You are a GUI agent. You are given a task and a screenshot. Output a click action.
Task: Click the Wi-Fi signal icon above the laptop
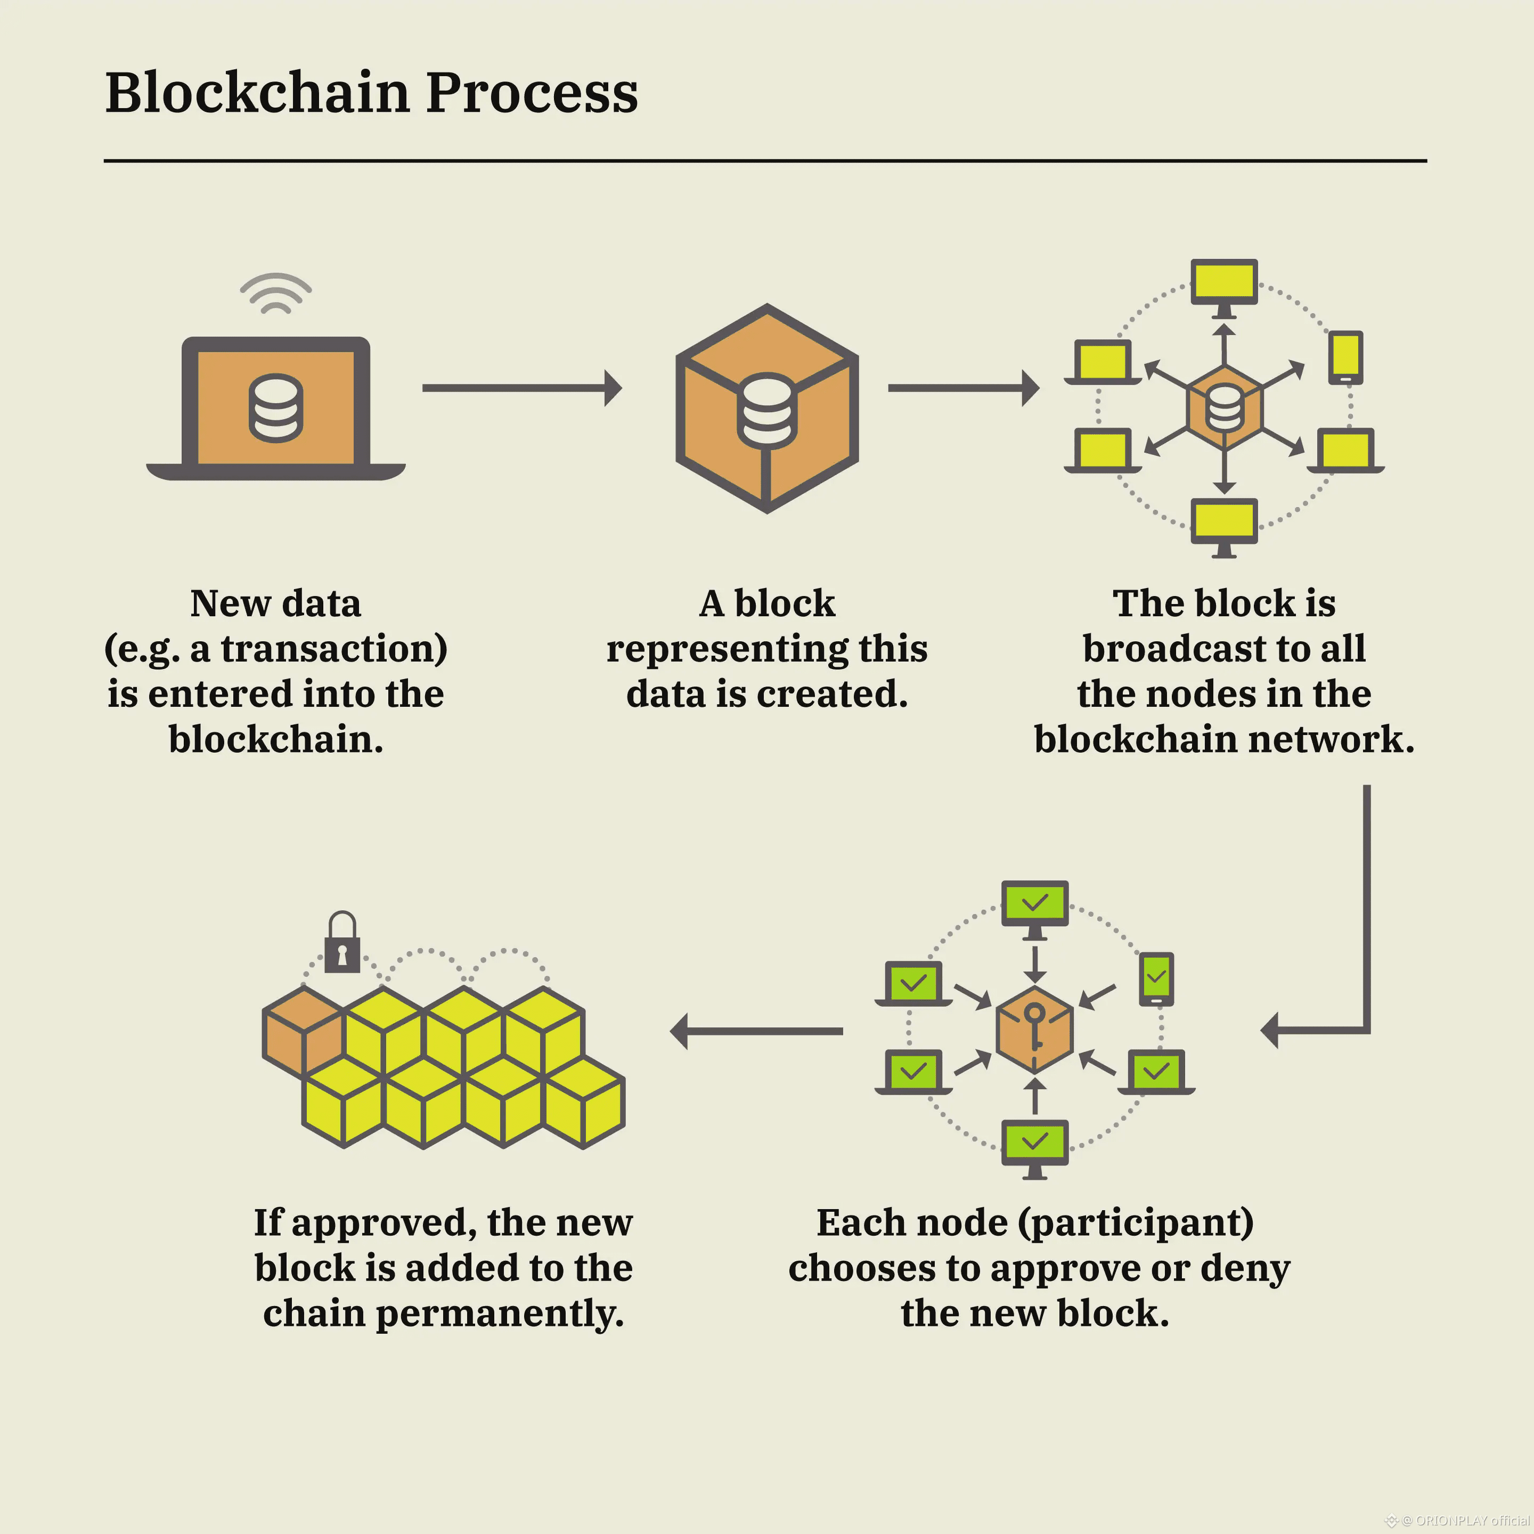click(275, 294)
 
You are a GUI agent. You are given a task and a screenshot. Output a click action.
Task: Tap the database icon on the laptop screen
click(275, 408)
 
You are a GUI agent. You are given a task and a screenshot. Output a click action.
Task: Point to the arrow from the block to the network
click(962, 387)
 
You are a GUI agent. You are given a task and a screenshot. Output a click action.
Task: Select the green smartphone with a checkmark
click(1156, 978)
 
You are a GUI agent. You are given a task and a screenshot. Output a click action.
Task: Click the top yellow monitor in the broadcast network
click(1223, 283)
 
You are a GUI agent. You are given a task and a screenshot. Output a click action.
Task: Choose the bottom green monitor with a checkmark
click(1034, 1144)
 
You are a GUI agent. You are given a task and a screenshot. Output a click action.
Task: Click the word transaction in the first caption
click(333, 649)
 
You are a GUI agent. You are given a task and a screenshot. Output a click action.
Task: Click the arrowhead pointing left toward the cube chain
click(680, 1031)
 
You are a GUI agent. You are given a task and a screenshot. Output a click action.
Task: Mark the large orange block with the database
click(767, 408)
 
